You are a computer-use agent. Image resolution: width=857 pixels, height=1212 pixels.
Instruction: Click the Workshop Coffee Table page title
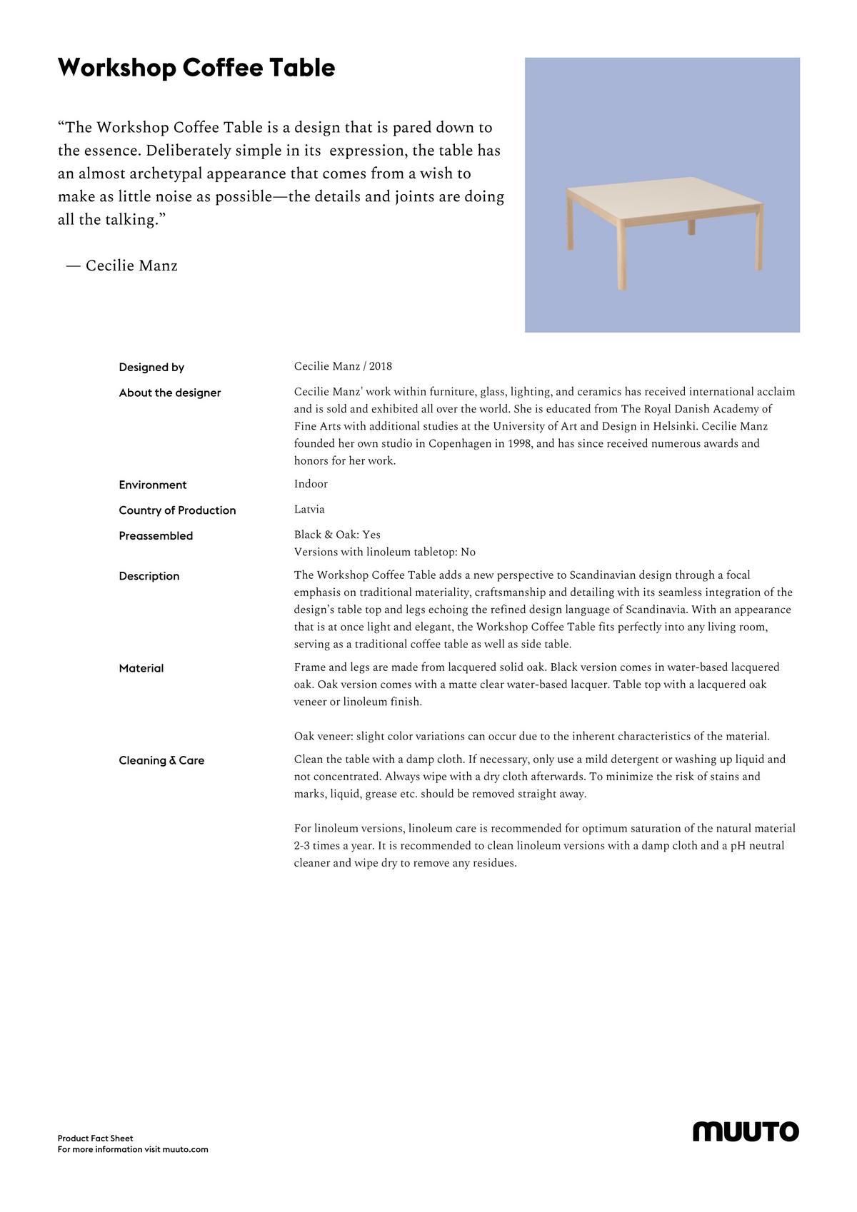coord(196,68)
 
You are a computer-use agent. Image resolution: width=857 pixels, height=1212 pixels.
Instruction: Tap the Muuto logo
coord(746,1131)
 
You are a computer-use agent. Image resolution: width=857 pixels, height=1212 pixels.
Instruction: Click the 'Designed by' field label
coord(151,368)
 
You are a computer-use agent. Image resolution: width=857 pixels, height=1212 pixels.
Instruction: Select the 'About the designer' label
coord(170,393)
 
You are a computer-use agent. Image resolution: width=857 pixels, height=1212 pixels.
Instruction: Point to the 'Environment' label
coord(153,485)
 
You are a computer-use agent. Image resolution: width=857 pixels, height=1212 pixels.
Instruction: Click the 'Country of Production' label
coord(177,510)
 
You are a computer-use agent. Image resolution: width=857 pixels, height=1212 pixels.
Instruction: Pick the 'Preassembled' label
coord(156,536)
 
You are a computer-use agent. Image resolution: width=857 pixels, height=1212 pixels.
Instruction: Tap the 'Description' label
coord(149,576)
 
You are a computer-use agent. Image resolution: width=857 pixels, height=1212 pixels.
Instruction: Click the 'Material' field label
coord(141,668)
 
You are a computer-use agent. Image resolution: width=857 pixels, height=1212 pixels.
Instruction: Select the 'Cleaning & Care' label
coord(161,760)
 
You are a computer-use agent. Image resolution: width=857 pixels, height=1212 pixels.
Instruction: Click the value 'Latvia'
coord(309,510)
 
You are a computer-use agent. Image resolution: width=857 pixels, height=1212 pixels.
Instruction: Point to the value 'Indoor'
coord(311,484)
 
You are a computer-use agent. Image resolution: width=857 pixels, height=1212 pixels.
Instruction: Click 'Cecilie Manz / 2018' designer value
coord(343,366)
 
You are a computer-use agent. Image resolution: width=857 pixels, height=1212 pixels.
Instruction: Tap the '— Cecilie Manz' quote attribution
coord(121,266)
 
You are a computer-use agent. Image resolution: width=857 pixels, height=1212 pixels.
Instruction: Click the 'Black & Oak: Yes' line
coord(337,535)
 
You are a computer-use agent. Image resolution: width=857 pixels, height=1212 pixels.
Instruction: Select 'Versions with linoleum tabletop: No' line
coord(384,552)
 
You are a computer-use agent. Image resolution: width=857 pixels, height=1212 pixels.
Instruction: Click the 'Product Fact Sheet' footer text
coord(96,1138)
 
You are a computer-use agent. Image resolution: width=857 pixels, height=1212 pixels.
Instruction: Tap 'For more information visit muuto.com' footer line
coord(133,1150)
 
